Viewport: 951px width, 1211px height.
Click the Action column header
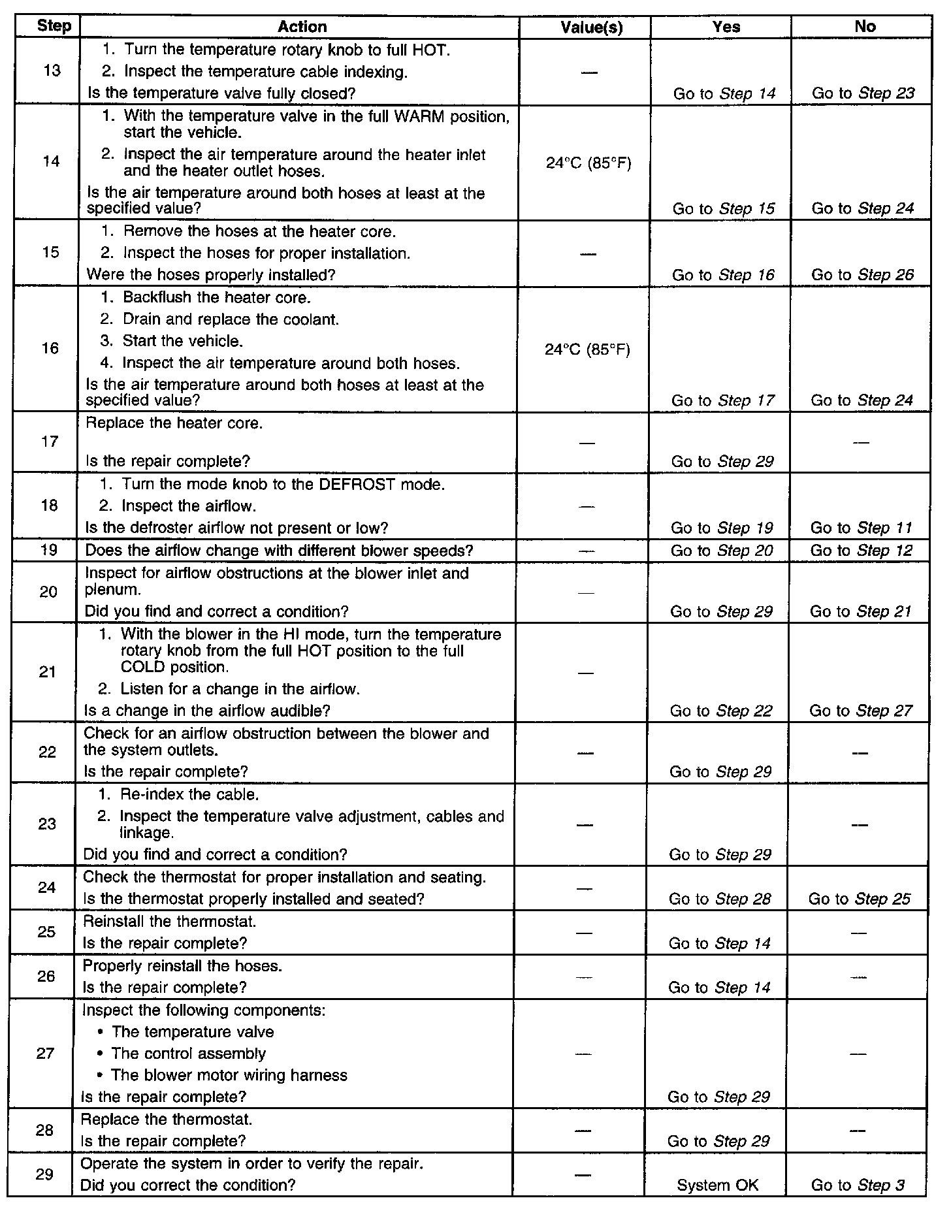click(x=302, y=27)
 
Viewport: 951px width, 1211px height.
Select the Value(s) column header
click(x=591, y=27)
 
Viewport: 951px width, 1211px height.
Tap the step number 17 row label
click(x=50, y=442)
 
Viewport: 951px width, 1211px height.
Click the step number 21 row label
click(x=48, y=672)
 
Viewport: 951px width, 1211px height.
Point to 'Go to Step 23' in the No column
click(x=863, y=93)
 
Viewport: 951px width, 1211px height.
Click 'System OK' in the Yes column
click(x=718, y=1185)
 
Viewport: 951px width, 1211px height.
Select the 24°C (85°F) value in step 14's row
click(x=588, y=163)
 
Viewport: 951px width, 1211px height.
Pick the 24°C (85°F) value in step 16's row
click(x=587, y=350)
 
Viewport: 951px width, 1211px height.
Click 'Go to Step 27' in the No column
click(x=860, y=711)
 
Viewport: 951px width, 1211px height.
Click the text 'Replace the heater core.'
click(x=174, y=423)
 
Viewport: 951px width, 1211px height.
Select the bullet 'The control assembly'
click(x=189, y=1054)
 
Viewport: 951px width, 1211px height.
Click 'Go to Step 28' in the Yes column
click(x=720, y=899)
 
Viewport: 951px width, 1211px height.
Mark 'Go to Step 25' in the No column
click(x=859, y=899)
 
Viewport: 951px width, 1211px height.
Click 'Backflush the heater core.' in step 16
click(x=216, y=298)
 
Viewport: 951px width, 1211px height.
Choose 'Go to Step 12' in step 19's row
click(x=860, y=551)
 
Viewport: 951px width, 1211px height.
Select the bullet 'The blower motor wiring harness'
click(x=229, y=1075)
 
